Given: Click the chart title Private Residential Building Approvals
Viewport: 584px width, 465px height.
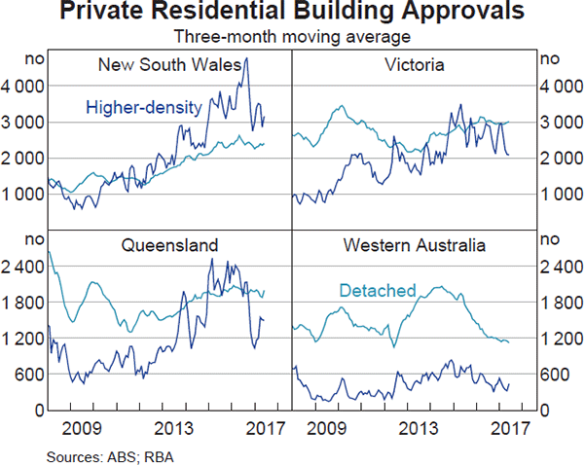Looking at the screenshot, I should coord(292,13).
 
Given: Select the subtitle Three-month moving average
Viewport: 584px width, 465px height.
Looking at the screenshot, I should coord(292,37).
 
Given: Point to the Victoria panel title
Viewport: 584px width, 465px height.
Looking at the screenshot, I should coord(415,65).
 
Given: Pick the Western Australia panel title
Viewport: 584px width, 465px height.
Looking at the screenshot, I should coord(414,245).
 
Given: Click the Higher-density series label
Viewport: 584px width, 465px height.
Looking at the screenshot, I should coord(143,107).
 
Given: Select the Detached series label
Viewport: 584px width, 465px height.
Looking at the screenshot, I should coord(378,290).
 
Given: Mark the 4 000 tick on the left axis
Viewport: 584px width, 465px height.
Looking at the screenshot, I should coord(23,86).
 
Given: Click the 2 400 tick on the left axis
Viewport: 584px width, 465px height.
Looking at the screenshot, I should coord(23,266).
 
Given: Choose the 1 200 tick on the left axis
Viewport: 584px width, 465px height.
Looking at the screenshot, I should coord(23,338).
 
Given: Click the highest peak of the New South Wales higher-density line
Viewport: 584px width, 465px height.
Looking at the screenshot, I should coord(246,58).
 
